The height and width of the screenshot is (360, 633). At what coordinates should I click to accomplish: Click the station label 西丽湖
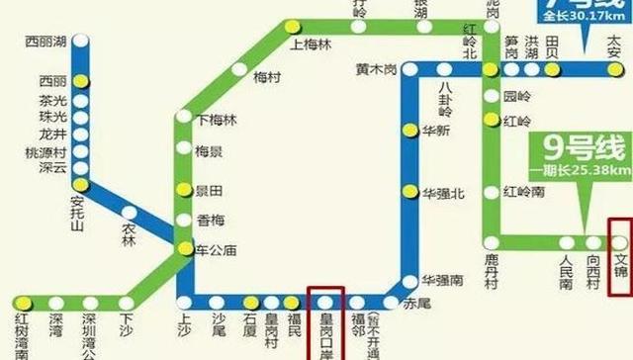click(47, 43)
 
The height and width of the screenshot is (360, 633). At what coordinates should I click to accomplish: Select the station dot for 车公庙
click(182, 251)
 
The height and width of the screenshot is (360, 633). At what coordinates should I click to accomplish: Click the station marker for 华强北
click(410, 192)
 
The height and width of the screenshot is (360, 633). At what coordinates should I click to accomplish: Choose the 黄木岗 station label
click(377, 69)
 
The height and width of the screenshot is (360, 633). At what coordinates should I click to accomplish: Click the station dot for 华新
click(410, 130)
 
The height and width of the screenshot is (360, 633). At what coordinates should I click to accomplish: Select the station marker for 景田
click(182, 189)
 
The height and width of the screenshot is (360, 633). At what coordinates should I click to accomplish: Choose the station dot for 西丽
click(86, 79)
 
